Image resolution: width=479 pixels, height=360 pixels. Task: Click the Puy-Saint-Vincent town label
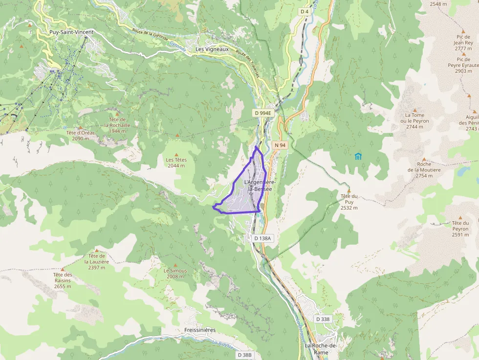coord(71,32)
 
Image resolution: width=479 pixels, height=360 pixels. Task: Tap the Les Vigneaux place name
coord(212,49)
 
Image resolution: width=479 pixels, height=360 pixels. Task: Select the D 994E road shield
coord(262,113)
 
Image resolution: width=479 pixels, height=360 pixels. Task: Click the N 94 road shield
coord(280,145)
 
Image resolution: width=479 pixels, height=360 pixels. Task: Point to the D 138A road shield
coord(262,238)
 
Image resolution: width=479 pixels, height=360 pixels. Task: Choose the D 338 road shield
coord(323,319)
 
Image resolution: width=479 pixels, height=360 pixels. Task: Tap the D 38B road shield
coord(245,355)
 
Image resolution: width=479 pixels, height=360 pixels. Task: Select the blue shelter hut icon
coord(358,156)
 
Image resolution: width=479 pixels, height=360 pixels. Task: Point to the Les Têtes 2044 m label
coord(176,162)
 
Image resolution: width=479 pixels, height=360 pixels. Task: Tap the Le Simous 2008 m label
coord(175,273)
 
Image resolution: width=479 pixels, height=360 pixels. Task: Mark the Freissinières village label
coord(200,330)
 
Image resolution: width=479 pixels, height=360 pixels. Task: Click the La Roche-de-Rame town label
coord(321,349)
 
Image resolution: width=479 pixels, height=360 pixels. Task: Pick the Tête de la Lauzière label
coord(97,261)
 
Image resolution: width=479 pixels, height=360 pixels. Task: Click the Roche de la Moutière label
coord(424,170)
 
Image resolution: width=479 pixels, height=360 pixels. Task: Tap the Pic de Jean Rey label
coord(463,42)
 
